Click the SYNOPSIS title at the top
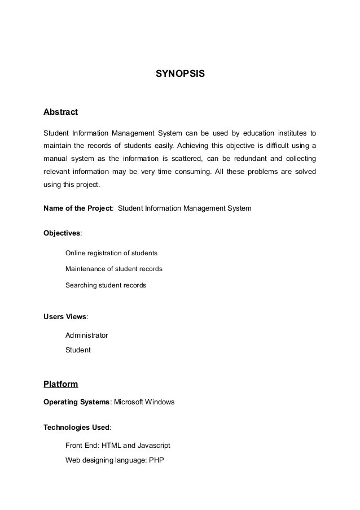(x=180, y=73)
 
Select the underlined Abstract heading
(x=60, y=112)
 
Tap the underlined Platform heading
(x=60, y=385)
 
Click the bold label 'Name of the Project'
(x=78, y=208)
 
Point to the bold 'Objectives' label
(x=62, y=233)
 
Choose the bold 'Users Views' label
(x=65, y=316)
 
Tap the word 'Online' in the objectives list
(x=76, y=253)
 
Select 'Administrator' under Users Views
(x=86, y=335)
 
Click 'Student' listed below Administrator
(x=78, y=350)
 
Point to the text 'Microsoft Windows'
(x=144, y=402)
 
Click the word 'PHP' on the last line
(x=156, y=460)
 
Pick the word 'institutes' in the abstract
(x=291, y=133)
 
